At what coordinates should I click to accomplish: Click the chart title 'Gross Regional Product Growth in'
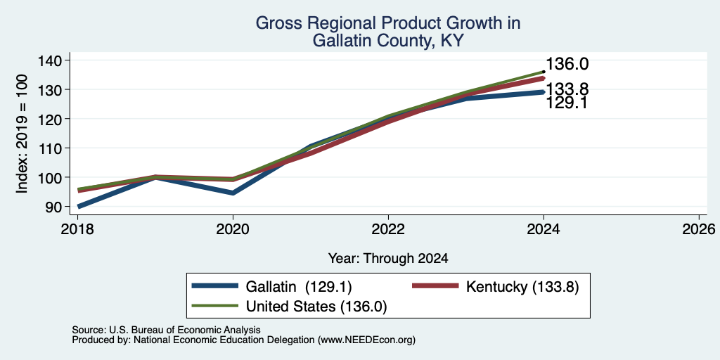[388, 23]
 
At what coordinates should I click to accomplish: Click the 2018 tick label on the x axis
[77, 229]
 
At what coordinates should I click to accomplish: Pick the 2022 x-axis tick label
[388, 229]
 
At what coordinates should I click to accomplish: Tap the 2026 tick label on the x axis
[699, 229]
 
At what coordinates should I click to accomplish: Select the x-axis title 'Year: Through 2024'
[388, 259]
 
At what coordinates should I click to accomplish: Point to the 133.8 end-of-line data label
[567, 89]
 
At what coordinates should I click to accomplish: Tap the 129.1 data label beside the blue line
[567, 103]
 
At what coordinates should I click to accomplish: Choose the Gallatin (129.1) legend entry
[271, 287]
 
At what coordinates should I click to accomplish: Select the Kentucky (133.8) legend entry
[495, 287]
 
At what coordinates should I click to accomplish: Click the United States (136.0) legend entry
[289, 307]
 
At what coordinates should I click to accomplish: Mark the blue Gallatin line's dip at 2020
[233, 193]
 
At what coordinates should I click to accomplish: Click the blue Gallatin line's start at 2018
[79, 207]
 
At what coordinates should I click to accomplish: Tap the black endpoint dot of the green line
[544, 72]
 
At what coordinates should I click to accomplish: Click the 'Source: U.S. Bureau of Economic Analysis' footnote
[166, 330]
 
